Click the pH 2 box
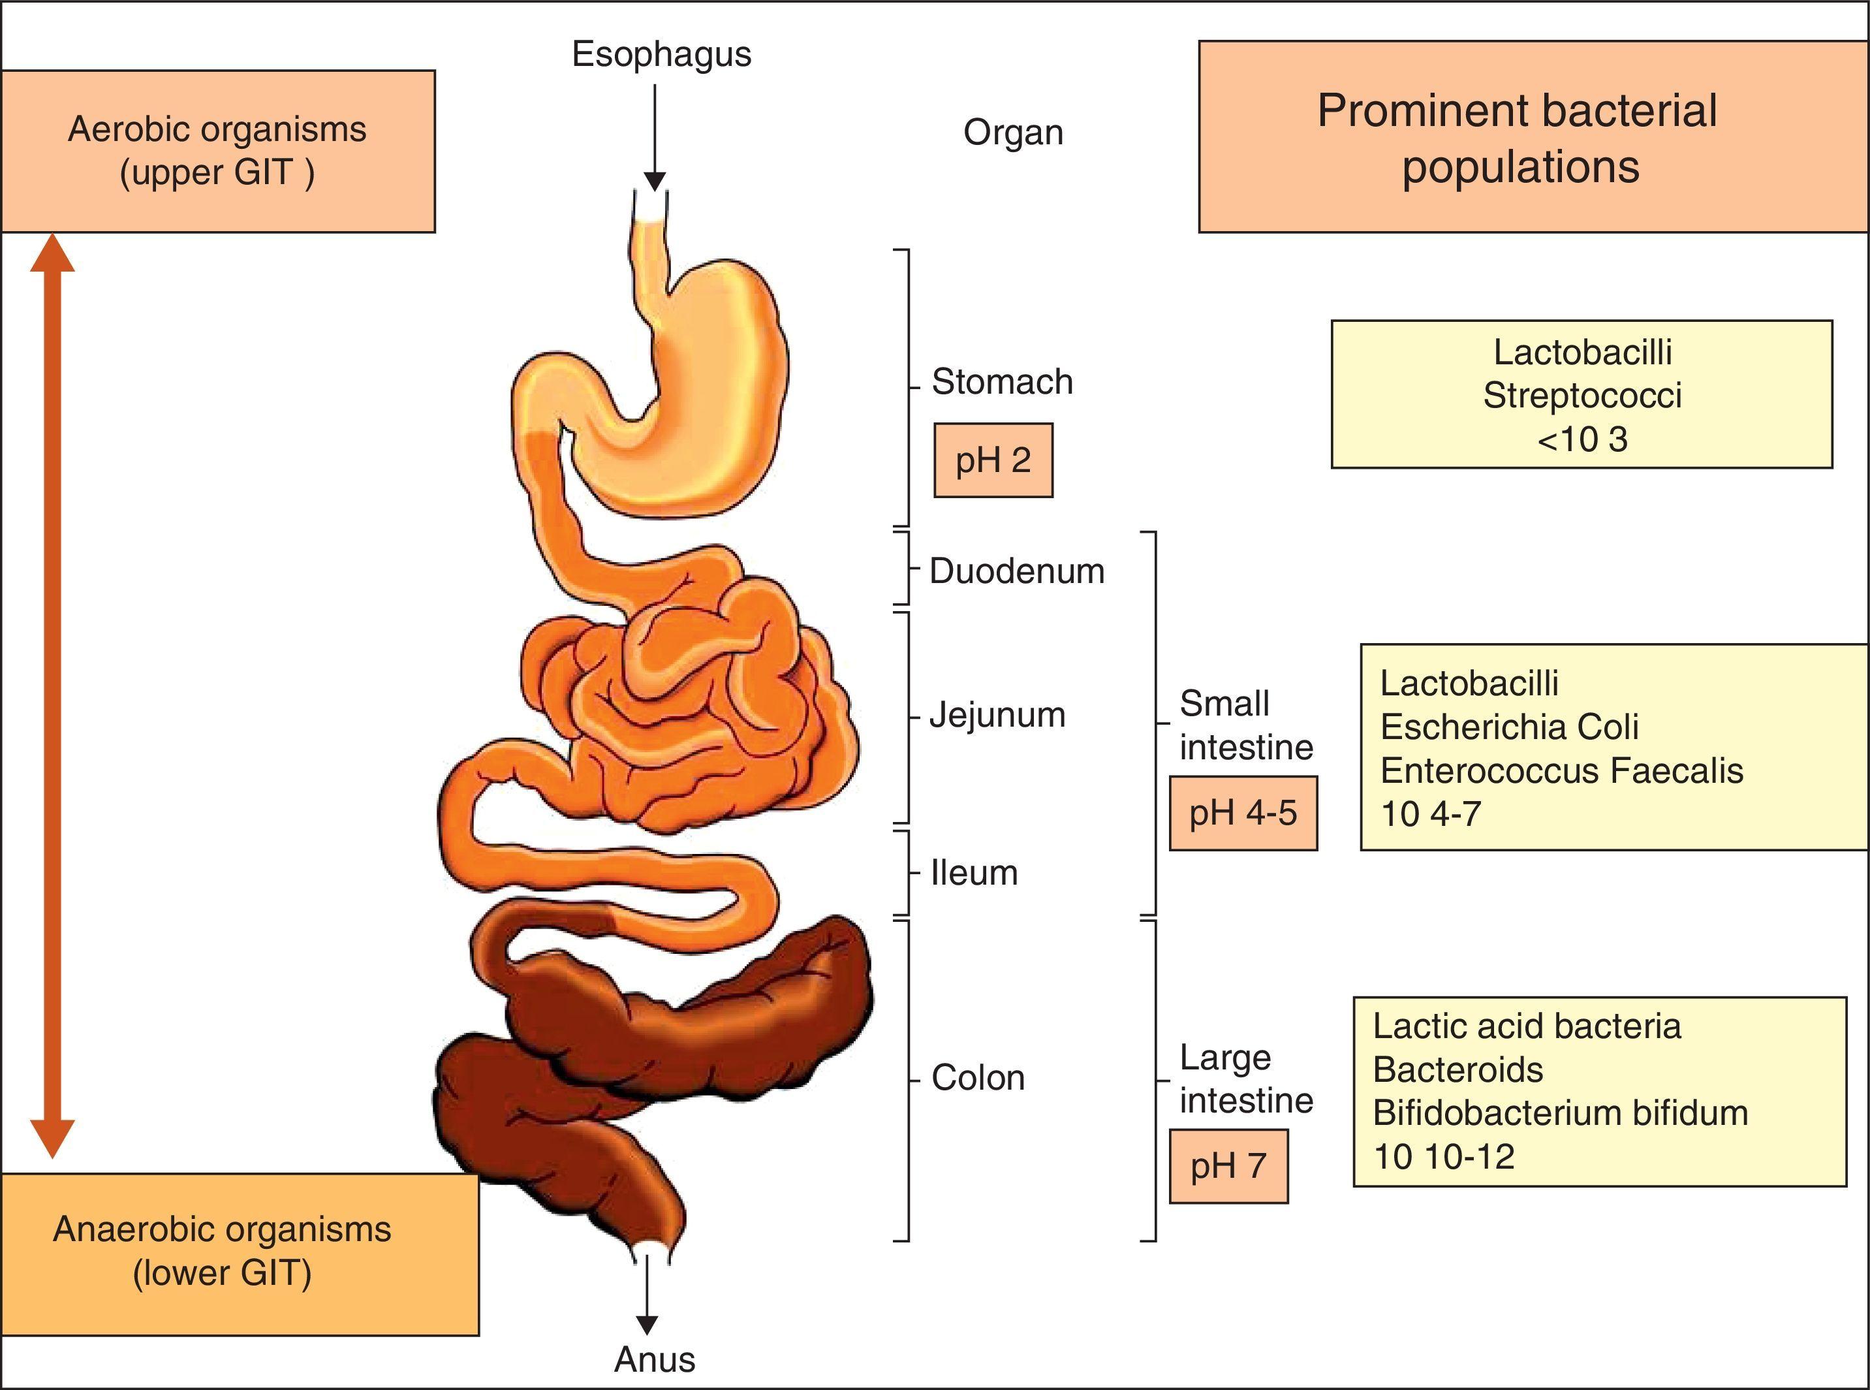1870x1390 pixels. click(993, 460)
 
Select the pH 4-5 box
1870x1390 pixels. click(1243, 813)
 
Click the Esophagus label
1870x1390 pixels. click(661, 54)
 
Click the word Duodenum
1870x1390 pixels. click(1016, 571)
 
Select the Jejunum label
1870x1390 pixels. click(997, 715)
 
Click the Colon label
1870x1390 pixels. click(978, 1078)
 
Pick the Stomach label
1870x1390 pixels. click(1002, 382)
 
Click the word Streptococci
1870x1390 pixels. click(1582, 396)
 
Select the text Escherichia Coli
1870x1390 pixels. click(1509, 727)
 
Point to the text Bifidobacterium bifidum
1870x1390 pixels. click(1561, 1113)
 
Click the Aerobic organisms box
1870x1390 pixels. click(217, 151)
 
